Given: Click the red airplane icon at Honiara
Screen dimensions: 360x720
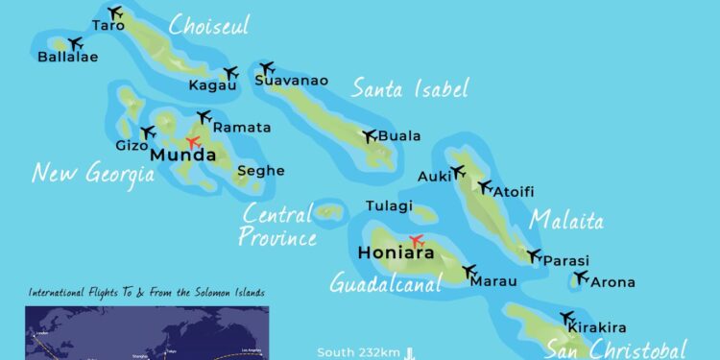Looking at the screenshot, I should pyautogui.click(x=417, y=240).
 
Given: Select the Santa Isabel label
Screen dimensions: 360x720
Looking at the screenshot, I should pyautogui.click(x=410, y=90).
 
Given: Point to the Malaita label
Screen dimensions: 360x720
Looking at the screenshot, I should pyautogui.click(x=567, y=221).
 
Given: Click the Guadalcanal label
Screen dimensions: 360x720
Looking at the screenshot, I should pyautogui.click(x=385, y=283).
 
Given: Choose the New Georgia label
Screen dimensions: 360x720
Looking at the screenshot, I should pyautogui.click(x=93, y=174).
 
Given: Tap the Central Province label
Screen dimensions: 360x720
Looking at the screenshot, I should pyautogui.click(x=277, y=226).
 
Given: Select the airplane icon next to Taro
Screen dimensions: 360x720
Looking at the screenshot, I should pyautogui.click(x=116, y=12).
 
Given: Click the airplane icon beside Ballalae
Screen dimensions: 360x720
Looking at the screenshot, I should pyautogui.click(x=74, y=42).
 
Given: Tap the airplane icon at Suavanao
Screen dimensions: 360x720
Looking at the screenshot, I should pyautogui.click(x=267, y=68).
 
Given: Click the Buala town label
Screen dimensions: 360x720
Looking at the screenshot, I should pyautogui.click(x=399, y=136).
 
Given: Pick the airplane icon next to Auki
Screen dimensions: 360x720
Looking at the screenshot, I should pyautogui.click(x=457, y=172).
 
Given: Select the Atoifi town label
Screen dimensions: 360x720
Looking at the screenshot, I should pyautogui.click(x=515, y=192).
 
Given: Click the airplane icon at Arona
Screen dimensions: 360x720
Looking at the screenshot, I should pyautogui.click(x=580, y=278).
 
